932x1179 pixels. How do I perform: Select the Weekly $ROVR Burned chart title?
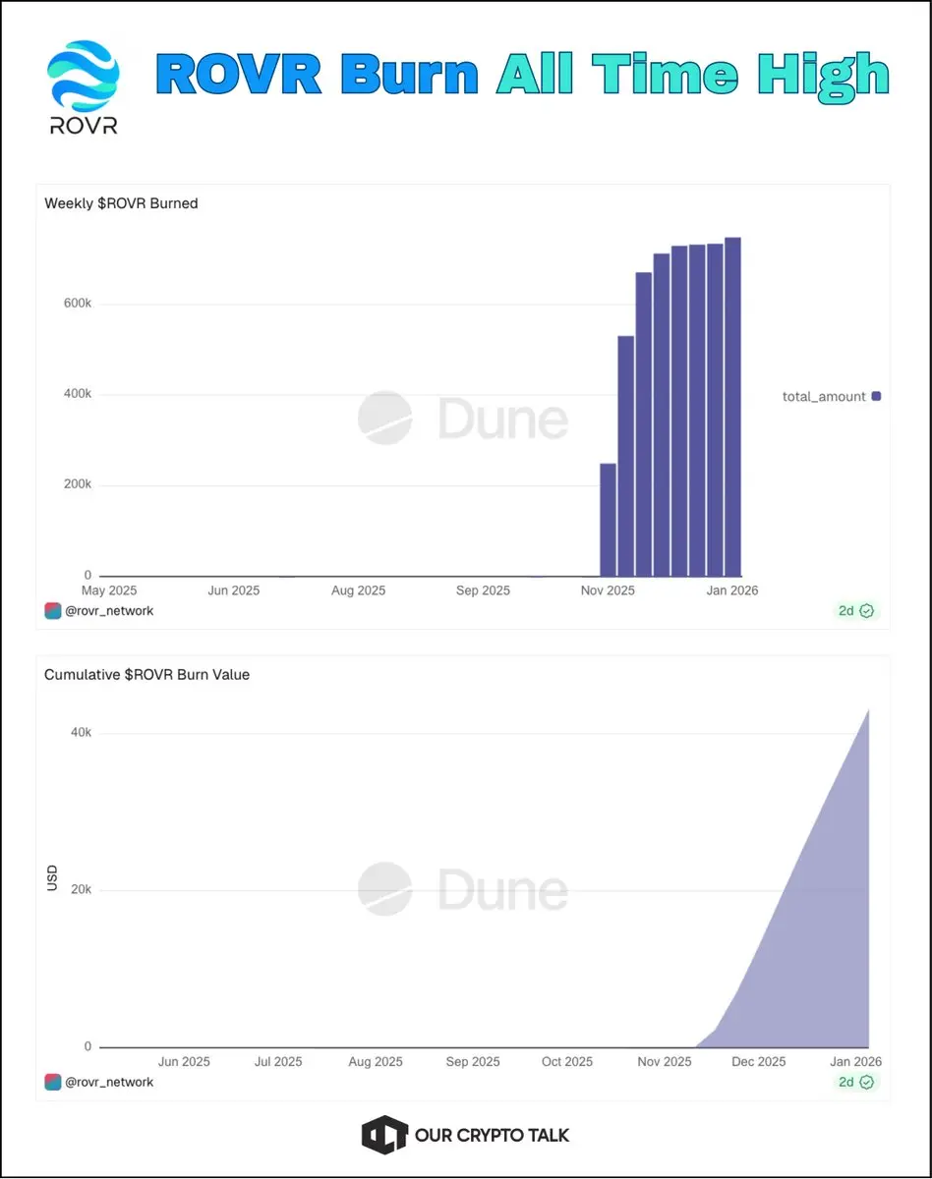point(121,203)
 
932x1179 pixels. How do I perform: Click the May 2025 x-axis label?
point(108,590)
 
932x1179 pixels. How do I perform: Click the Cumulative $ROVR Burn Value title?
point(146,675)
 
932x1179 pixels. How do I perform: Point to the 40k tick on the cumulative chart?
point(80,733)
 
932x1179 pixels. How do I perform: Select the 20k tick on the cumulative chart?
point(80,889)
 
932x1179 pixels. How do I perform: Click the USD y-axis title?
point(53,877)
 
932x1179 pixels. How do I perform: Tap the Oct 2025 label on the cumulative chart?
point(567,1062)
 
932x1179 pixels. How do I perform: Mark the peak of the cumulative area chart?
point(868,709)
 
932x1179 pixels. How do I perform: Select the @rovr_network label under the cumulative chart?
point(108,1082)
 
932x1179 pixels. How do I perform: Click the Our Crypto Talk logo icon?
point(384,1135)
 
